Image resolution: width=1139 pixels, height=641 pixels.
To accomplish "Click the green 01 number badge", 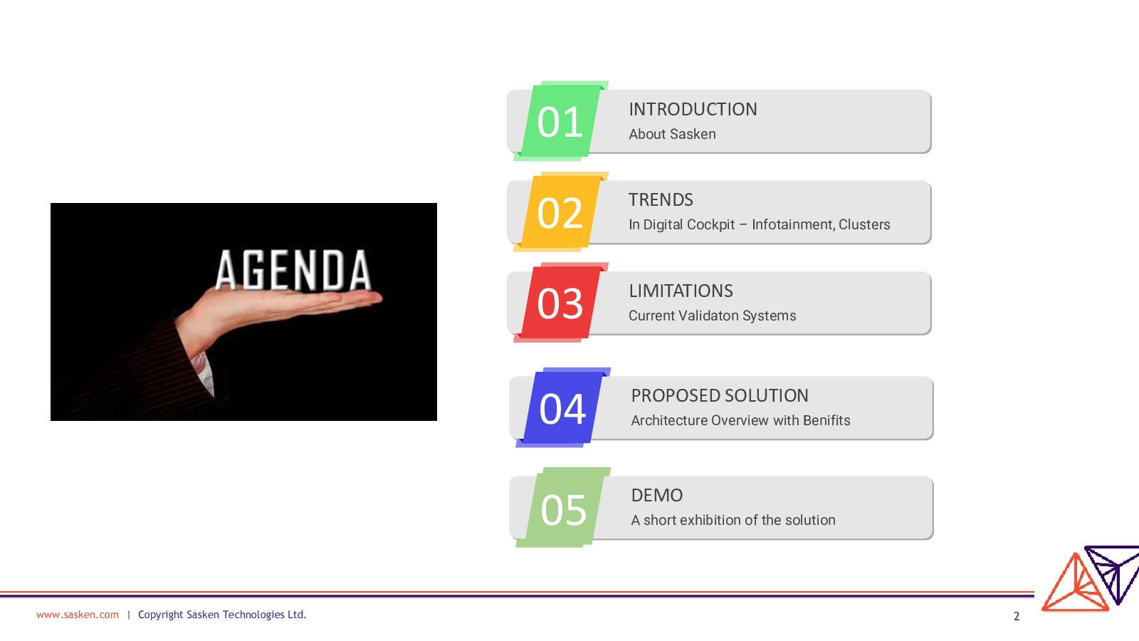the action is tap(561, 121).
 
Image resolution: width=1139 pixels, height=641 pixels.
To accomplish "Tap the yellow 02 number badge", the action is tap(561, 212).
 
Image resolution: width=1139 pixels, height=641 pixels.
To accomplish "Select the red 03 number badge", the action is tap(561, 303).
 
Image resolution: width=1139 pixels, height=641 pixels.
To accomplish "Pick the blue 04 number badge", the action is tap(563, 407).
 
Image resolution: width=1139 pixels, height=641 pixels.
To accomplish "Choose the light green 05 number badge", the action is tap(563, 508).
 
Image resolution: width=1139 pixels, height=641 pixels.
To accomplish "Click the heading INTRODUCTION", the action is tap(693, 110).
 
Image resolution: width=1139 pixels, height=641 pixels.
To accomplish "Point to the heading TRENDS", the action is tap(661, 200).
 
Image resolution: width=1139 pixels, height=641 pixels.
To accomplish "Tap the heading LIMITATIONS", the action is tap(681, 291).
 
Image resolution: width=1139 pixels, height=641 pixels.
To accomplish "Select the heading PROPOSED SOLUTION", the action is tap(720, 396).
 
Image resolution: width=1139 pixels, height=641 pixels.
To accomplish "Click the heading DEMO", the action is tap(657, 496).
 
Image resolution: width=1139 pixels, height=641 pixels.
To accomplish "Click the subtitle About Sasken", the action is tap(672, 134).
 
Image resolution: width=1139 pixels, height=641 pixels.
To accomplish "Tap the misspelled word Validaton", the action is tap(712, 316).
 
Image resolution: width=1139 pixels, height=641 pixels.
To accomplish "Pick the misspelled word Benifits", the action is tap(826, 420).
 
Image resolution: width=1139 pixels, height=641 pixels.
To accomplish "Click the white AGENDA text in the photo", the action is tap(293, 271).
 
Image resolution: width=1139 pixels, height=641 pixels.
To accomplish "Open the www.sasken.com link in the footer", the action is tap(78, 615).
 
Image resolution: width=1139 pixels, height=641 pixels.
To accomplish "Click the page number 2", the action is tap(1017, 616).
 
